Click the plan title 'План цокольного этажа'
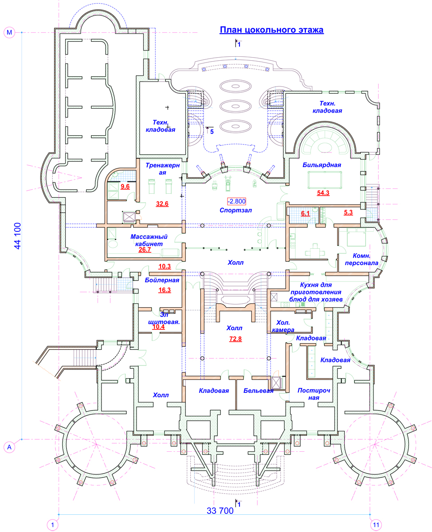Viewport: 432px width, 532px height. [271, 30]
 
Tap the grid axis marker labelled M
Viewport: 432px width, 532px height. [9, 32]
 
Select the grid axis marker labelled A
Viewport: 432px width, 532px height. [9, 447]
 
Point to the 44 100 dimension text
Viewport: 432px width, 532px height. [18, 235]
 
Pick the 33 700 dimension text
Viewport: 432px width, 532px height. [220, 511]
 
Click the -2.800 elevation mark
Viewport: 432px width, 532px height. [236, 201]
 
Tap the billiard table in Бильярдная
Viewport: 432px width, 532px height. [325, 180]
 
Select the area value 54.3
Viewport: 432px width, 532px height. [323, 193]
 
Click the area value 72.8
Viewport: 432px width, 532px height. [236, 339]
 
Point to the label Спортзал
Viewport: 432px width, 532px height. [236, 210]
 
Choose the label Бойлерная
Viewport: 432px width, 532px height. [162, 280]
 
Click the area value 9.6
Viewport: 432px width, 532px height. [125, 187]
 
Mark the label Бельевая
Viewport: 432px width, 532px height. [258, 391]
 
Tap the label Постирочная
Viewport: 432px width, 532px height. [314, 394]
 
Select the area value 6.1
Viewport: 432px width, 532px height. [305, 213]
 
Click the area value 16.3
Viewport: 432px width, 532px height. [165, 290]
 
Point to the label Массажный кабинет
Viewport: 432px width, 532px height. [149, 240]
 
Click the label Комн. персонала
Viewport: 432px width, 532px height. [361, 259]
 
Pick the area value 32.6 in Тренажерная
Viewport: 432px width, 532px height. [162, 204]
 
